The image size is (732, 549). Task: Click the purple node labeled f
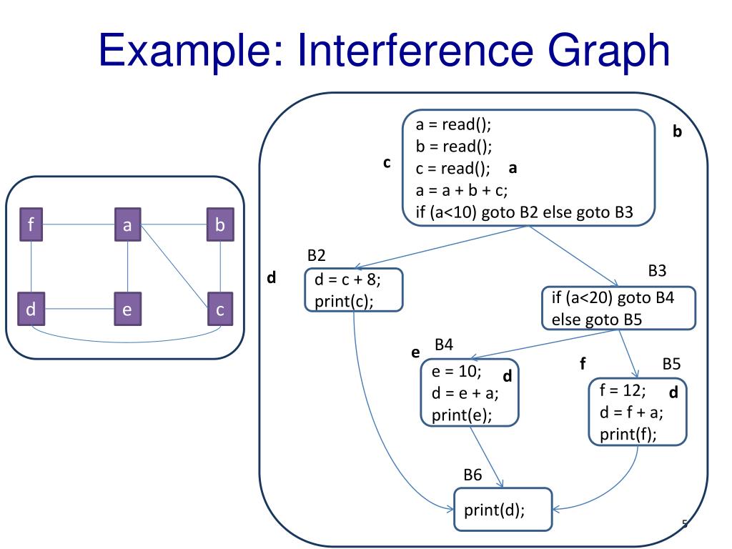(x=31, y=226)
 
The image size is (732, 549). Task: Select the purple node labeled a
(x=127, y=226)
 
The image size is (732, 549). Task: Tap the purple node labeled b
(x=220, y=226)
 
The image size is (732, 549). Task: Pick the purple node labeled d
(x=31, y=310)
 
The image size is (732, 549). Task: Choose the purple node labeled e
(x=127, y=310)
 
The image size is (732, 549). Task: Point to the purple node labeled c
(x=220, y=310)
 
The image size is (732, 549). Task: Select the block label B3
(x=657, y=271)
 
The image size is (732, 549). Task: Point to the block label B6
(x=473, y=475)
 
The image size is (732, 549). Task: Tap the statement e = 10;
(x=456, y=372)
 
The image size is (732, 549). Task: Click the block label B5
(x=671, y=364)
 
